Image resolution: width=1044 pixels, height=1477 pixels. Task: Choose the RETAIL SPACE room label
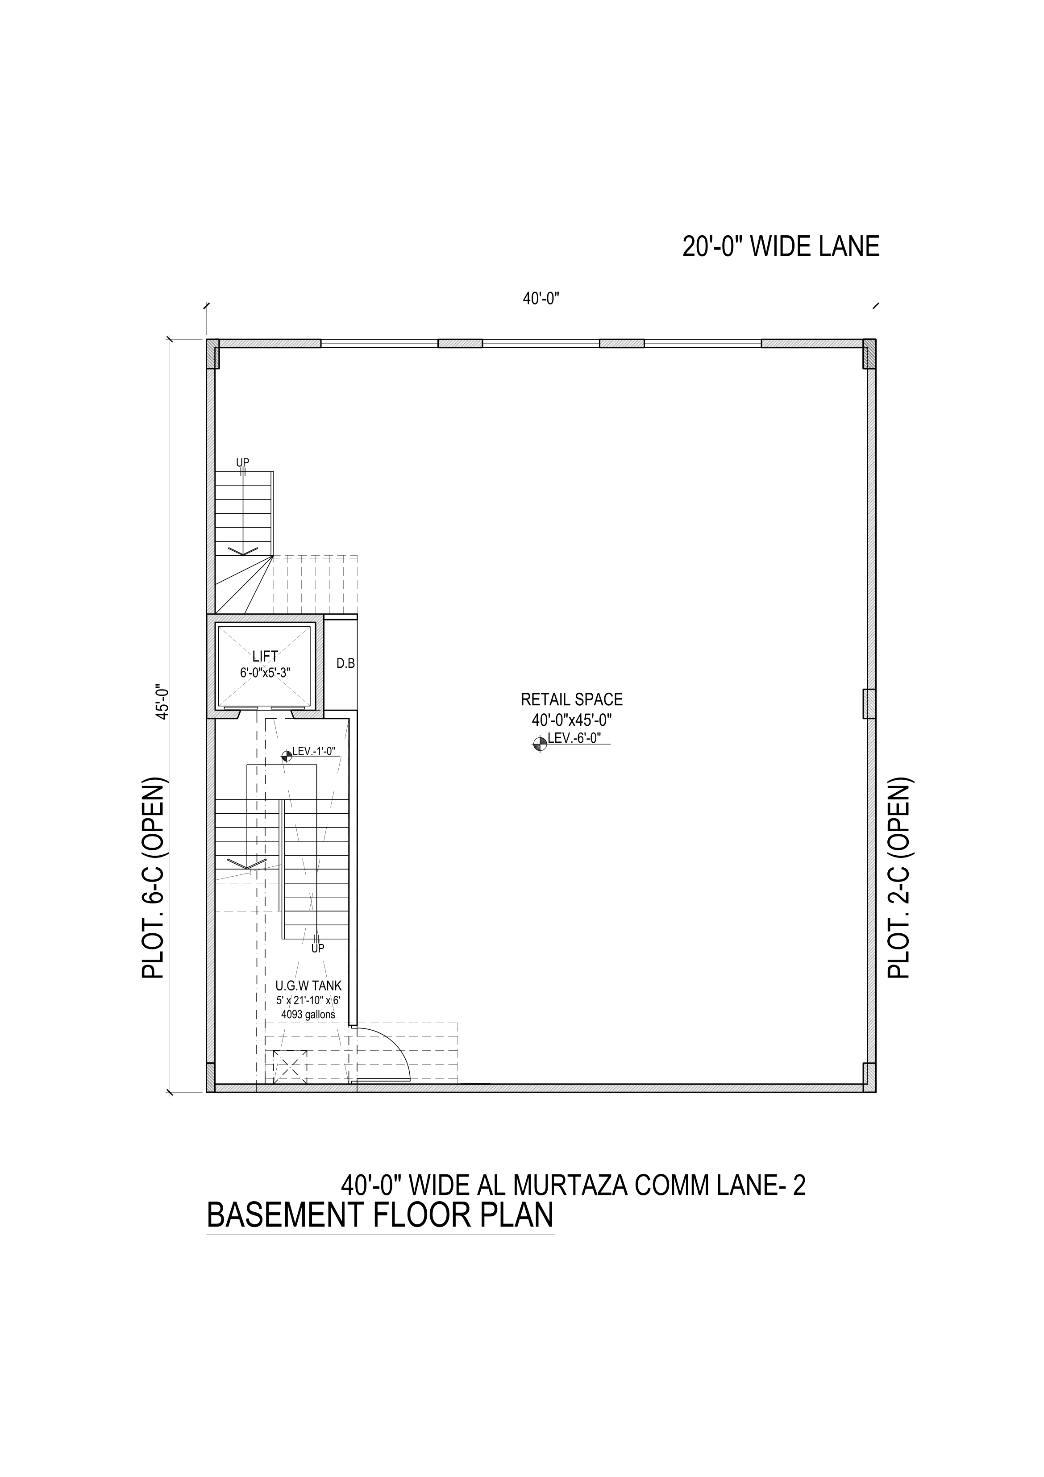571,699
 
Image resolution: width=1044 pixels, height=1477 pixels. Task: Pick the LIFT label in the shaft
265,657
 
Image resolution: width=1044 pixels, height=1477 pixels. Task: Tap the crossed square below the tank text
290,1067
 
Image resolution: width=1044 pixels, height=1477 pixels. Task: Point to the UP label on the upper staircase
242,462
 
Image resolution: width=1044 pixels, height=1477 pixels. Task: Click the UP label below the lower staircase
317,948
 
